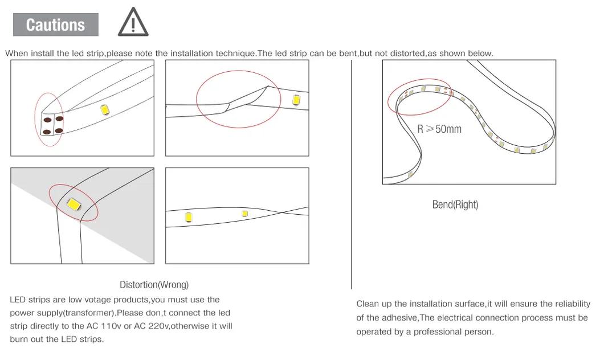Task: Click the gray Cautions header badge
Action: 55,25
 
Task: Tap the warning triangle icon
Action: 133,23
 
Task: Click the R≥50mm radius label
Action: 439,129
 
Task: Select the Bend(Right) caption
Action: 455,204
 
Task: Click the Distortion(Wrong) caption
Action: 154,284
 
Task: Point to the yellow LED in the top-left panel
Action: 105,111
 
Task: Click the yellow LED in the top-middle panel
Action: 296,100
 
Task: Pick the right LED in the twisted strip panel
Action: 244,214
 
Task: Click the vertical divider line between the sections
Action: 351,171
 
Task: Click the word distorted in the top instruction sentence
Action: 406,54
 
